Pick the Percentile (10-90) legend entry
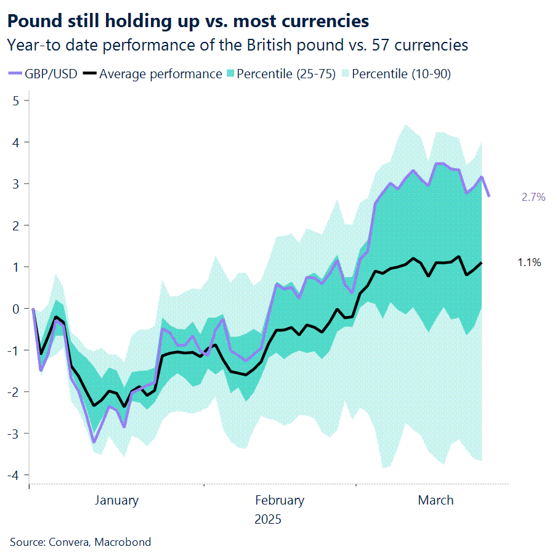pos(401,74)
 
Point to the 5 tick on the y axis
pos(17,100)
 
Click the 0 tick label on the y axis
pos(17,309)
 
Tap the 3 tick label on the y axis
pos(17,184)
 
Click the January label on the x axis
pos(116,500)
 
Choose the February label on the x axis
pos(280,500)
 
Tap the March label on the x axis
pos(435,500)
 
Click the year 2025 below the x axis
pos(267,519)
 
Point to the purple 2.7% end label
pos(533,197)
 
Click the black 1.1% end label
pos(529,262)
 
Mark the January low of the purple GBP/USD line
pos(94,442)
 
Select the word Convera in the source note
pos(63,542)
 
